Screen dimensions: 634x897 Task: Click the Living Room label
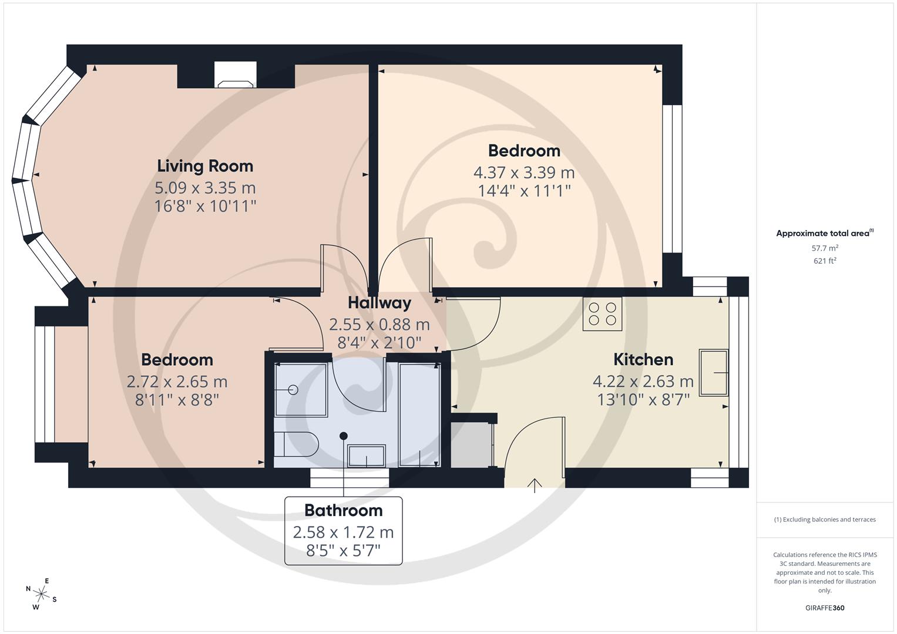[x=205, y=166]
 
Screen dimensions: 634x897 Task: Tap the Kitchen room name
[x=643, y=359]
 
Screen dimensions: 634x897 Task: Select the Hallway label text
[x=379, y=303]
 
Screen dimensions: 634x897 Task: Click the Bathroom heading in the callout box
[x=343, y=510]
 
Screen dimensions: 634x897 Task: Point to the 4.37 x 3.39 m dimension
[x=524, y=173]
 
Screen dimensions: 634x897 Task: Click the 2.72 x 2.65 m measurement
[x=177, y=382]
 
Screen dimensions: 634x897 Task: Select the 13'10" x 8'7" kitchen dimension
[x=643, y=400]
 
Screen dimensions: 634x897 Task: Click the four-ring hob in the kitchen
[x=603, y=314]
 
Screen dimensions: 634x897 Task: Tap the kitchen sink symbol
[x=713, y=373]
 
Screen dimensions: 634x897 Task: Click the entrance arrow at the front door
[x=535, y=485]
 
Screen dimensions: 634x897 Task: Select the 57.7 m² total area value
[x=825, y=248]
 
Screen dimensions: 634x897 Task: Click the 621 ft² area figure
[x=825, y=261]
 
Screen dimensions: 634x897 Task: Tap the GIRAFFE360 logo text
[x=825, y=608]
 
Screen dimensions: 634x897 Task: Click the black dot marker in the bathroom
[x=344, y=436]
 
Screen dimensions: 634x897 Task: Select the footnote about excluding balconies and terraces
[x=825, y=520]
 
